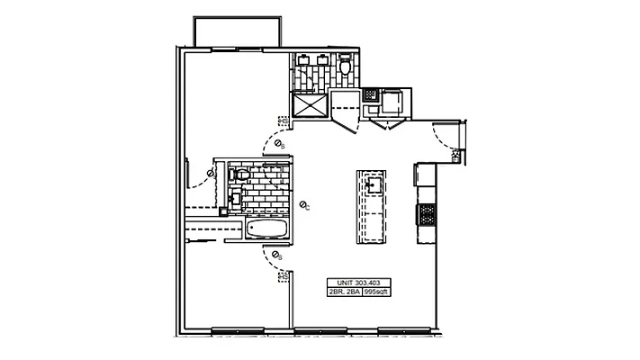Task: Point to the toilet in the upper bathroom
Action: [x=346, y=67]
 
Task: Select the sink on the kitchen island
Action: [x=373, y=185]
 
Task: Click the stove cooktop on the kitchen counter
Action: [x=425, y=214]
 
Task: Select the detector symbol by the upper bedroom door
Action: [x=279, y=144]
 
